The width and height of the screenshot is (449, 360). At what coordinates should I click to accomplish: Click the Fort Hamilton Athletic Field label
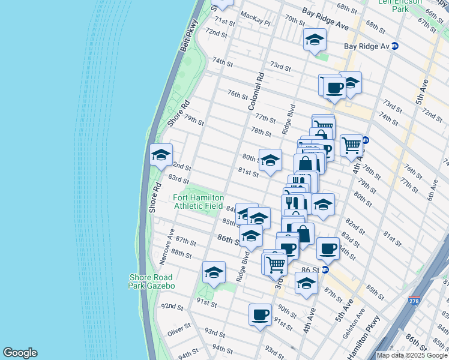198,202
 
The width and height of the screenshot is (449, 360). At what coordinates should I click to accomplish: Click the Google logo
20,353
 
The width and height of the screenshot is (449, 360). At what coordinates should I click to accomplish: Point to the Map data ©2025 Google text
411,355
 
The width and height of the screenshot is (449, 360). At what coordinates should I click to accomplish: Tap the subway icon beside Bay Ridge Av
394,46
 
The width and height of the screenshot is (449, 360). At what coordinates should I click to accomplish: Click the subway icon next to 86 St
325,270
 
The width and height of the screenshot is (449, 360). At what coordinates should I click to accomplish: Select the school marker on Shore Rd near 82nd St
160,155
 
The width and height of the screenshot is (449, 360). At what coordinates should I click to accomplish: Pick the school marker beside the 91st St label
214,273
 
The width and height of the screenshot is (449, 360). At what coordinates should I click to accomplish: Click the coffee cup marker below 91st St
261,314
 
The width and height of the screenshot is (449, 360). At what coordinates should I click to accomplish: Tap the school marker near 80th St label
270,160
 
